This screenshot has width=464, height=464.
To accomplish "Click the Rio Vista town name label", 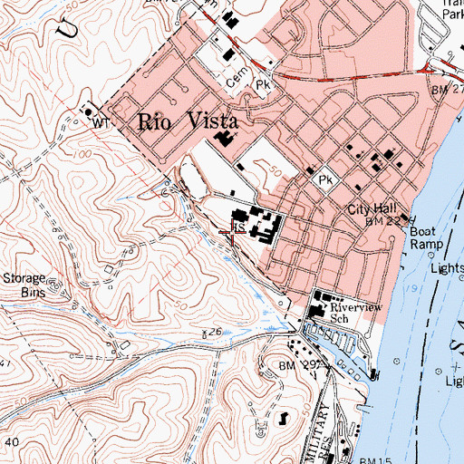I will point(187,121).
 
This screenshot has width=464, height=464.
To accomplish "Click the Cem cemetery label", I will point(237,80).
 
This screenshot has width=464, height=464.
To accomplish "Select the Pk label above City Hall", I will point(325,181).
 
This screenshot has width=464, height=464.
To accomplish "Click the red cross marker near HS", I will point(232,235).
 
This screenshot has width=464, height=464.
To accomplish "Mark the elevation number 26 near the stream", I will point(215,333).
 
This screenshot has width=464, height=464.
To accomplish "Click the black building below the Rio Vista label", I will point(224,140).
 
